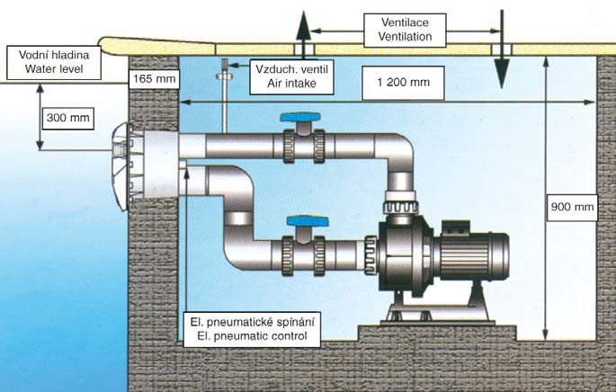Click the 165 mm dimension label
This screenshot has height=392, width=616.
pos(155,79)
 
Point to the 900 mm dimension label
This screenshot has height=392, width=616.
pos(572,209)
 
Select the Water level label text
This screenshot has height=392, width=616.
pos(40,66)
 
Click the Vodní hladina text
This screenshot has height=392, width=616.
pos(40,52)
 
